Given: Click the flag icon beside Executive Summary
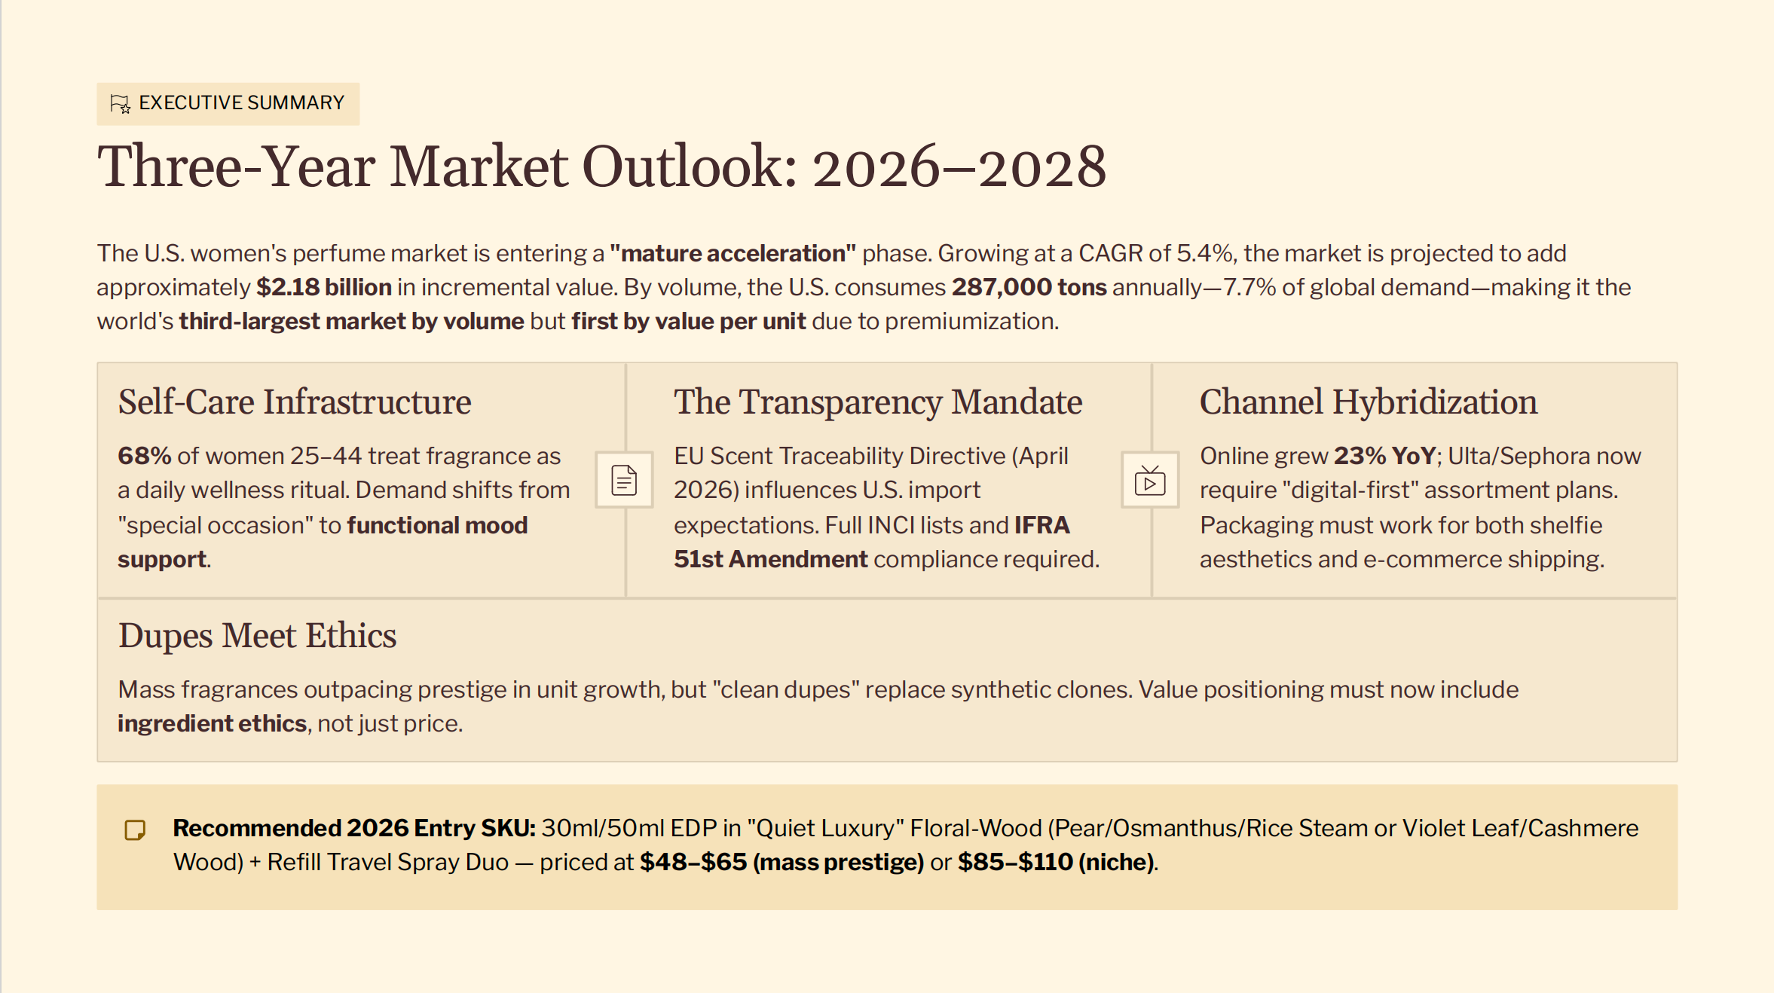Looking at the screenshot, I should (x=121, y=104).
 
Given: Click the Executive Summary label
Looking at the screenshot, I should (x=241, y=103).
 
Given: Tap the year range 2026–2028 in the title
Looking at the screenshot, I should (x=959, y=167).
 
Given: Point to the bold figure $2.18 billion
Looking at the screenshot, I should (x=324, y=288).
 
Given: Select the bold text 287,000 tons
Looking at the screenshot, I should (x=1029, y=288).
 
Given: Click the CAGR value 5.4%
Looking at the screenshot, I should (x=1206, y=254).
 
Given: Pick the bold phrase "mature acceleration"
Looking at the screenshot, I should (x=733, y=254).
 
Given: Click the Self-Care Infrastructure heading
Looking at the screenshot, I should (x=295, y=402).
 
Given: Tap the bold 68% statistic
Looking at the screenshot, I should (x=145, y=457).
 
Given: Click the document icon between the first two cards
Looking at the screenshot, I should (x=624, y=481).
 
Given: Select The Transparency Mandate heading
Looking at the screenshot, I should (x=878, y=402).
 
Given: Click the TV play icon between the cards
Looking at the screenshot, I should (x=1150, y=481).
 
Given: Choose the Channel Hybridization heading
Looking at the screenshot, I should (x=1369, y=402).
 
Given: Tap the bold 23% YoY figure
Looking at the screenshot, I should (x=1385, y=457).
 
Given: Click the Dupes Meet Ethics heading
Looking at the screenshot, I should (x=257, y=636).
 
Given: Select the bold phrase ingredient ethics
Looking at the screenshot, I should (x=212, y=724).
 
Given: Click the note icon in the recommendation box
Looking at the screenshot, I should (x=135, y=830).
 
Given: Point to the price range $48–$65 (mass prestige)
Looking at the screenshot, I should (x=781, y=863).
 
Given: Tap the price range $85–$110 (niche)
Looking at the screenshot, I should (x=1055, y=863).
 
